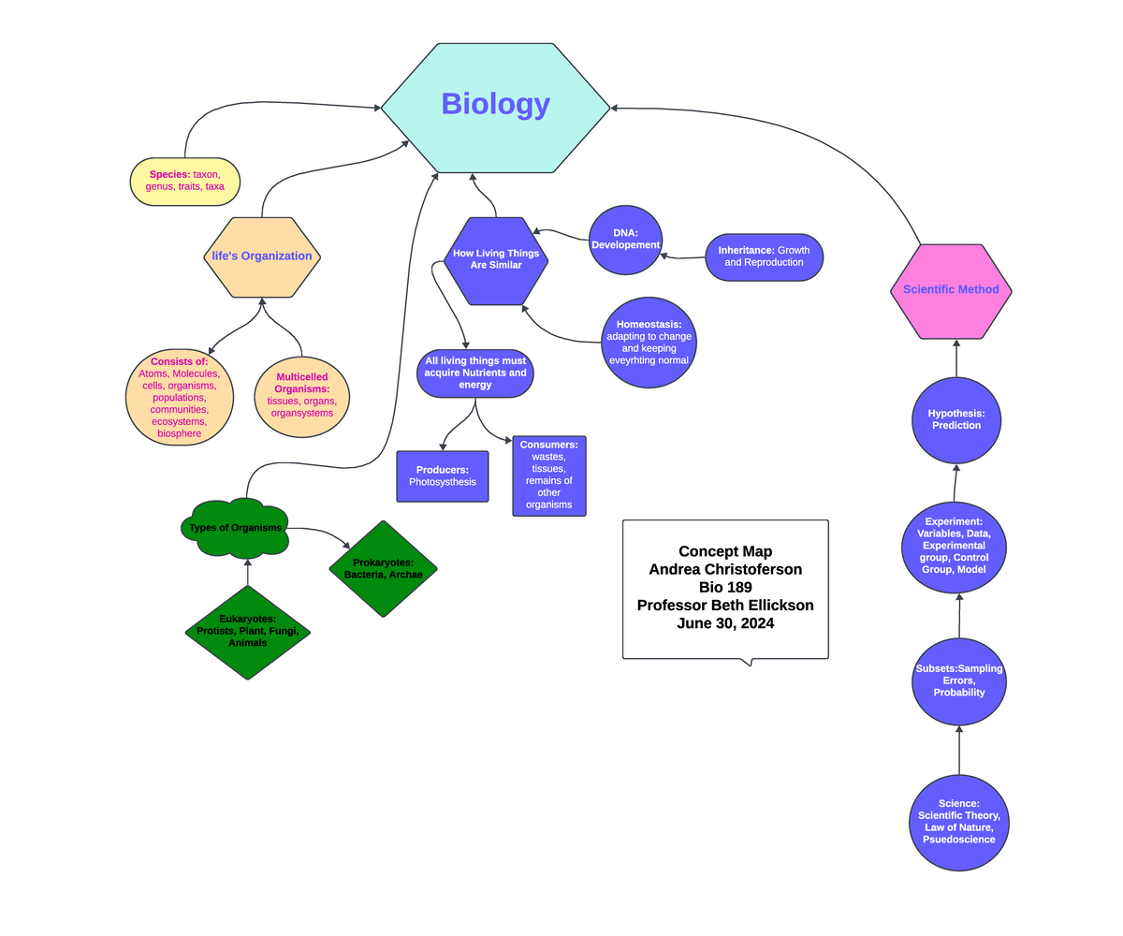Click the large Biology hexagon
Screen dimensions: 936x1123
(495, 108)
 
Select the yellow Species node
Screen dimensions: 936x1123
(184, 181)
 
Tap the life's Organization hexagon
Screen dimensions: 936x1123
(262, 256)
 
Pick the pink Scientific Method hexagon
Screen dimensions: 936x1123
(951, 290)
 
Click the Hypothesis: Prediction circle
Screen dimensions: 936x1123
(956, 420)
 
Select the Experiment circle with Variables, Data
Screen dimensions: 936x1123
(954, 547)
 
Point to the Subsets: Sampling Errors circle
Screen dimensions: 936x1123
(958, 681)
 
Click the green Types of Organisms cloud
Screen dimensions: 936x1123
(235, 528)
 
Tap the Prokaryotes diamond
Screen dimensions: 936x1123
(383, 569)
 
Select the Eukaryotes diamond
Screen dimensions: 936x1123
(247, 632)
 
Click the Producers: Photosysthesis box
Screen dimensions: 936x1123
(443, 476)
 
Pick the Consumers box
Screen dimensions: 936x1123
(549, 475)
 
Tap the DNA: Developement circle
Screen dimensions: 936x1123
(625, 240)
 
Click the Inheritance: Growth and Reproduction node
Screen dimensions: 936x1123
(765, 256)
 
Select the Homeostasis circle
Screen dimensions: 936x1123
(649, 343)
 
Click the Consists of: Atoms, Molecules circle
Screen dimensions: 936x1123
(179, 398)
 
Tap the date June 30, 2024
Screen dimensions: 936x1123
(725, 623)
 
